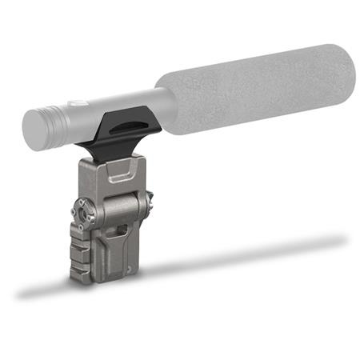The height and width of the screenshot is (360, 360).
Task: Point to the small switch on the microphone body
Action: (x=73, y=104)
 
